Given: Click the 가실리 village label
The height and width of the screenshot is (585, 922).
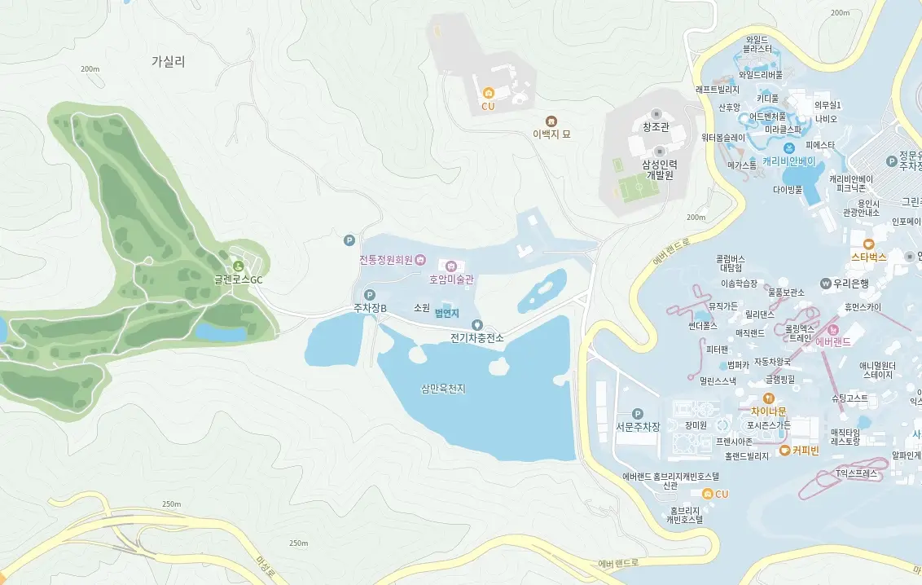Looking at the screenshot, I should [168, 61].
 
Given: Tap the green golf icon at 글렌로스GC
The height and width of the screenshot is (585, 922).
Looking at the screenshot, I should [238, 265].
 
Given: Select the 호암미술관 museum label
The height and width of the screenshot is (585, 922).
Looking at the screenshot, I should [452, 279].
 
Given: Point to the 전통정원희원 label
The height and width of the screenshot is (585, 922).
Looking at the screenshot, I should [386, 260].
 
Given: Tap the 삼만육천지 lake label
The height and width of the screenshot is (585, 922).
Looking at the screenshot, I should [443, 389].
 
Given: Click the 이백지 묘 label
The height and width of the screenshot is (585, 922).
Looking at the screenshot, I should [551, 134].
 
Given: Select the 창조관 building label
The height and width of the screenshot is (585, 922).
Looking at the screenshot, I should [656, 126].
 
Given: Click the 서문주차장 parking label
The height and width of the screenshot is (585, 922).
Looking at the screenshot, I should [637, 426].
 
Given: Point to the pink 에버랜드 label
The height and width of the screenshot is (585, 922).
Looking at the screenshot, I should [832, 341].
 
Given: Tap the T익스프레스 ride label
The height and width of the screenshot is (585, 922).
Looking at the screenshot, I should [857, 473].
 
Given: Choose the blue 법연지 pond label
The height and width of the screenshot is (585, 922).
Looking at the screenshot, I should [447, 313].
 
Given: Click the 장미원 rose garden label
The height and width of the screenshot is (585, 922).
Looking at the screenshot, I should [695, 424].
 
